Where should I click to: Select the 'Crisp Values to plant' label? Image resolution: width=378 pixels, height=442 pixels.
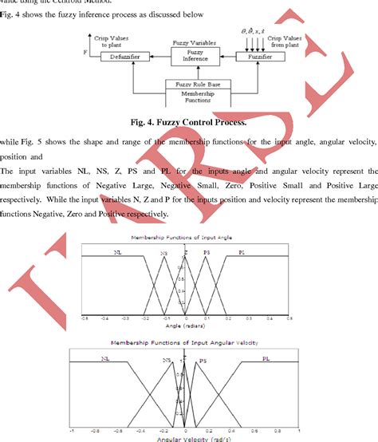click(111, 41)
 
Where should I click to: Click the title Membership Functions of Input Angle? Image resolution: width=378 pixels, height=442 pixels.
click(186, 239)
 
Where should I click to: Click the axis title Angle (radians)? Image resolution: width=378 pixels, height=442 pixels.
click(186, 326)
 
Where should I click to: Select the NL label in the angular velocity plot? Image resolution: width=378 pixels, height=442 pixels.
click(105, 359)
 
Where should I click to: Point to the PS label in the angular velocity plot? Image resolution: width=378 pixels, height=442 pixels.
click(203, 361)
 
